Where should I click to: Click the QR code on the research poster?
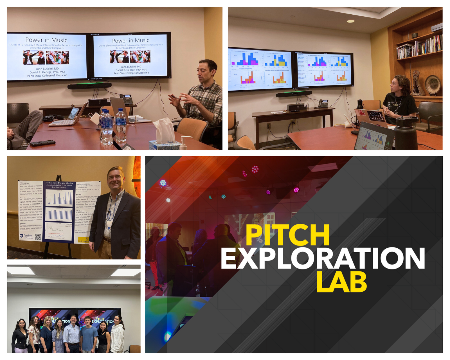(38, 237)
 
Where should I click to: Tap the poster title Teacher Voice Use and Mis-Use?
(59, 183)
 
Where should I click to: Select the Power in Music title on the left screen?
(46, 40)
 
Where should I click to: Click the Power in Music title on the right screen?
(130, 40)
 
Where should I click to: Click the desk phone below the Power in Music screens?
(127, 99)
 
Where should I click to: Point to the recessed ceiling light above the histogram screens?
(350, 21)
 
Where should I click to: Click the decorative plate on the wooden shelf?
(433, 84)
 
